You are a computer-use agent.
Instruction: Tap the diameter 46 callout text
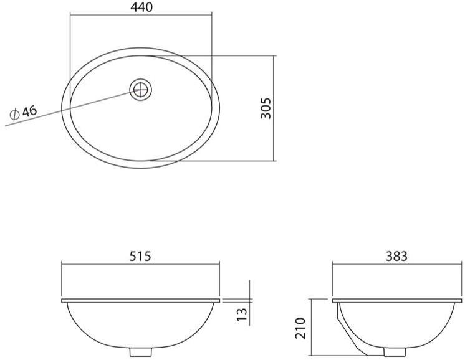pos(24,112)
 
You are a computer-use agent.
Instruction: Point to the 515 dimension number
pos(140,256)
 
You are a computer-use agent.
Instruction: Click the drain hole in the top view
pos(141,89)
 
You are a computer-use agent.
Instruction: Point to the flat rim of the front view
pos(140,301)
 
